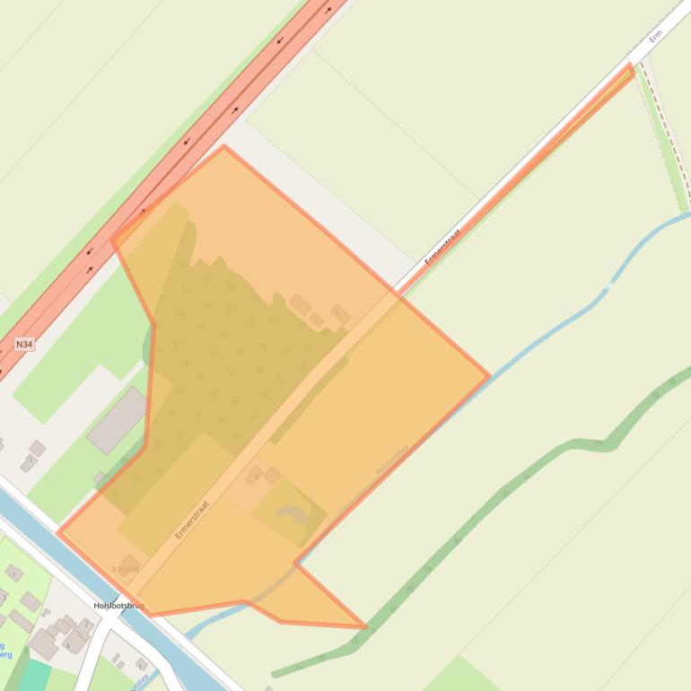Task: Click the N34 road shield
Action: pos(24,344)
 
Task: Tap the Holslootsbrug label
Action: pos(118,606)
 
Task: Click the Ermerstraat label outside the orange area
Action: pos(442,245)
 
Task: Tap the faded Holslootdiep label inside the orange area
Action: pos(391,459)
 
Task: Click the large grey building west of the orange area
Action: pos(117,420)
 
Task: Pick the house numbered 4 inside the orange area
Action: pos(255,473)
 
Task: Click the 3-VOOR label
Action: pos(125,569)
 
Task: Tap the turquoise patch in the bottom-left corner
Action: pos(34,675)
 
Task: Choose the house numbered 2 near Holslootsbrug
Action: pos(87,624)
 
